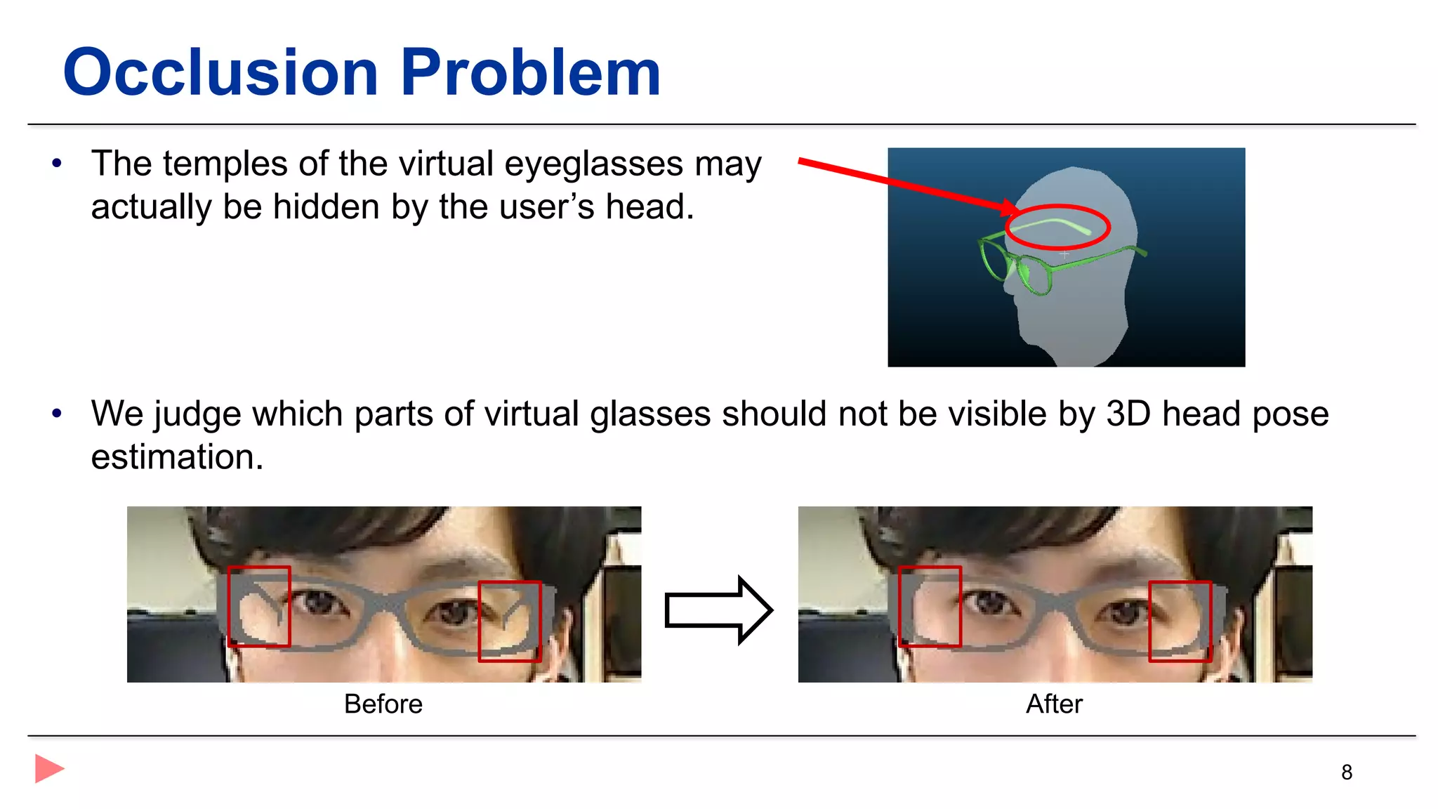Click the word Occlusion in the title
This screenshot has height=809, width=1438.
click(x=220, y=72)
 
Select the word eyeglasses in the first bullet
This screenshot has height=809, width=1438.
click(x=593, y=164)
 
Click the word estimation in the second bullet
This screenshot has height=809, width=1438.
click(x=177, y=457)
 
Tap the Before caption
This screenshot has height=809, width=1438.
click(x=383, y=704)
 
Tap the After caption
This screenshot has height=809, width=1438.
click(x=1054, y=704)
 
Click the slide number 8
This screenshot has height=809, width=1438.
click(x=1346, y=772)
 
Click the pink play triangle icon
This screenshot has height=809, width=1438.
click(x=48, y=768)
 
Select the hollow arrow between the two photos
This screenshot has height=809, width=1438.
click(x=718, y=610)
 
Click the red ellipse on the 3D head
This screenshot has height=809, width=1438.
click(x=1057, y=227)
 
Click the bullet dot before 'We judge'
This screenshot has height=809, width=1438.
click(x=57, y=414)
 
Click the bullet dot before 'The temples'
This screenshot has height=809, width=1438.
click(x=57, y=164)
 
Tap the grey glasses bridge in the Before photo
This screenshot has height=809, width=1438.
click(x=385, y=602)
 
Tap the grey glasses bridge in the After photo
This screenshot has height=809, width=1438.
click(x=1055, y=602)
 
